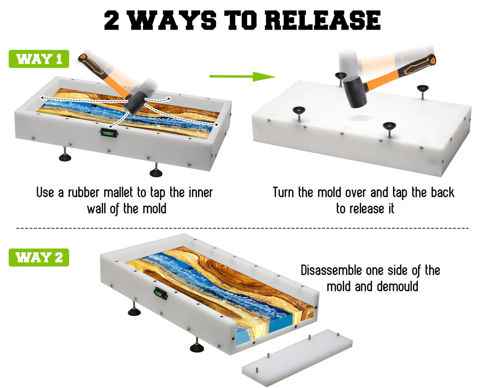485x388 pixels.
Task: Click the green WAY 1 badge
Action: click(39, 59)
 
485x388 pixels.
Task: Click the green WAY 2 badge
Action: click(39, 257)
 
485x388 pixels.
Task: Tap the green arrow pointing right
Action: click(242, 76)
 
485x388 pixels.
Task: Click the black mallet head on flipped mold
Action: click(355, 92)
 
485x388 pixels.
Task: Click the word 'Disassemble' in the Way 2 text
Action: click(332, 271)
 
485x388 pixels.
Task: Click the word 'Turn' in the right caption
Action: click(284, 193)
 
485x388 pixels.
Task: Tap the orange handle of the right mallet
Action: click(400, 74)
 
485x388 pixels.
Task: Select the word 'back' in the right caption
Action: click(442, 193)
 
